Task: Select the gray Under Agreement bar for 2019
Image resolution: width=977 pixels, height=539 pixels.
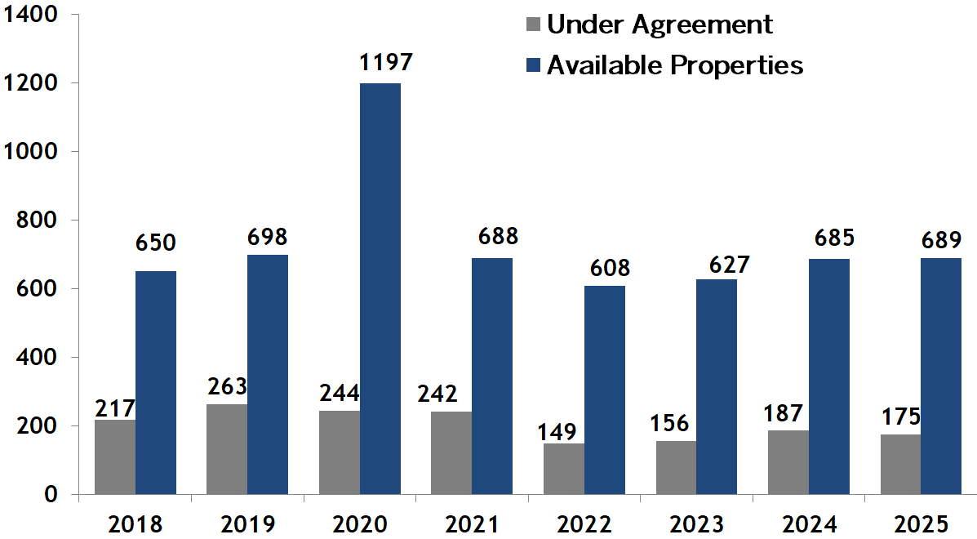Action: click(227, 449)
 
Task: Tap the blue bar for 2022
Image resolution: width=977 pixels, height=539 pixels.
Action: click(605, 390)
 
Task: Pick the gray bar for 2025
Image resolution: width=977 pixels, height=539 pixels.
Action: click(900, 464)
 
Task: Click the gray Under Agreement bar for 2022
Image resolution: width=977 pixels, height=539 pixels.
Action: click(564, 469)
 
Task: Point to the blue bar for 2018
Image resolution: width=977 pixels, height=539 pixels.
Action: click(156, 382)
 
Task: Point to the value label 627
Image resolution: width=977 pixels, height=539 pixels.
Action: click(717, 265)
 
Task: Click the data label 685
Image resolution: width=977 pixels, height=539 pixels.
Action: click(829, 239)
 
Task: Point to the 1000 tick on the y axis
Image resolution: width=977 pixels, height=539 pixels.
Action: click(33, 152)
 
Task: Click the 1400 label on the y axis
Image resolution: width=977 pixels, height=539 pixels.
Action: click(33, 15)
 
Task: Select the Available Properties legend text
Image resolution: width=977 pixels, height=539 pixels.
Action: click(675, 65)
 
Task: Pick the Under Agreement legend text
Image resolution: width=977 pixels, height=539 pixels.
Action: click(659, 24)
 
